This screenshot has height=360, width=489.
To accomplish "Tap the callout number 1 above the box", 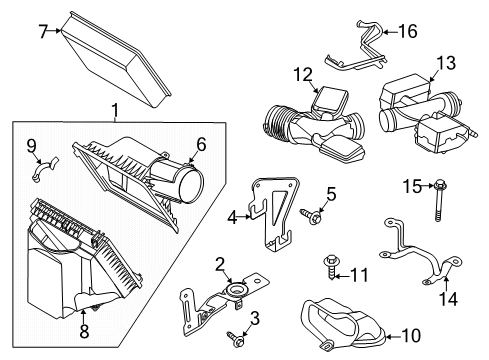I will (115, 110).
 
